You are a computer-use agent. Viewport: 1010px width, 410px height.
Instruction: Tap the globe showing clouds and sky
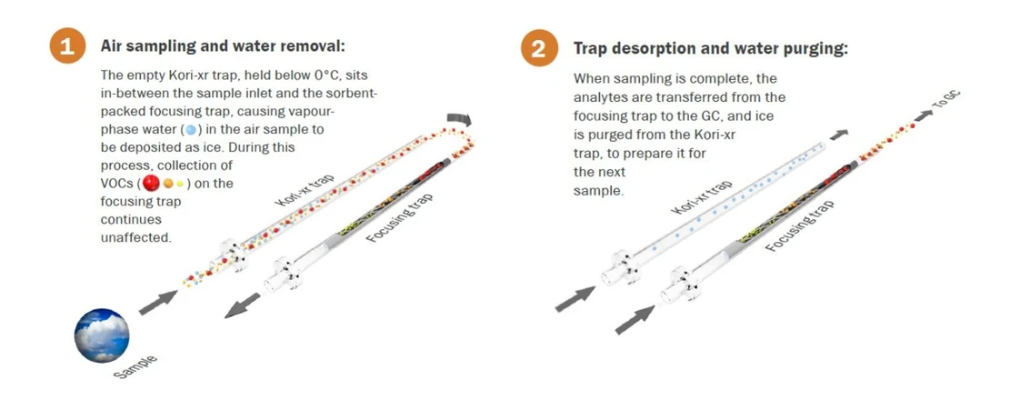pos(102,335)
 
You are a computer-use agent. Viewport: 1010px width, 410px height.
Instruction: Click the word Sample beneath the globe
pos(135,368)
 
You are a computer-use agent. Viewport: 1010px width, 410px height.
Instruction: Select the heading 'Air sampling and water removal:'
pos(224,46)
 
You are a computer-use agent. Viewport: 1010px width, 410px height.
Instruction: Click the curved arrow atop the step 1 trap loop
pos(460,120)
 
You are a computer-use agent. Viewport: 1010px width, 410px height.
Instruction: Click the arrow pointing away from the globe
pos(158,303)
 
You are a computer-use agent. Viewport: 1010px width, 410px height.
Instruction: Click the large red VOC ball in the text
pos(152,184)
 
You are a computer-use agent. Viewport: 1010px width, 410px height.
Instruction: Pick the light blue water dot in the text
pos(191,129)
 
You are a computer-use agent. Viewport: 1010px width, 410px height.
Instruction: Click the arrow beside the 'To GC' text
pos(923,115)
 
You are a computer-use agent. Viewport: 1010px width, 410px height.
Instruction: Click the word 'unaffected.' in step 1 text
pos(136,237)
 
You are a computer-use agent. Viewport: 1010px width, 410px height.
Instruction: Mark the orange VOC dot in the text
pos(167,184)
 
